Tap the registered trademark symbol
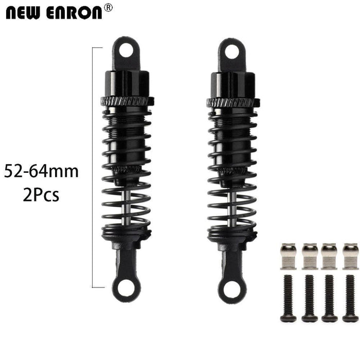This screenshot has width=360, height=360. pyautogui.click(x=107, y=7)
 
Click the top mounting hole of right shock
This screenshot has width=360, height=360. pyautogui.click(x=231, y=50)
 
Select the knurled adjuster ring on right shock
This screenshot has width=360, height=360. pyautogui.click(x=231, y=101)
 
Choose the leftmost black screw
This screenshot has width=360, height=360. pyautogui.click(x=289, y=298)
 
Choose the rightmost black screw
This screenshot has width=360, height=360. pyautogui.click(x=350, y=298)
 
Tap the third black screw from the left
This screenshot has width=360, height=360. pyautogui.click(x=330, y=298)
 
